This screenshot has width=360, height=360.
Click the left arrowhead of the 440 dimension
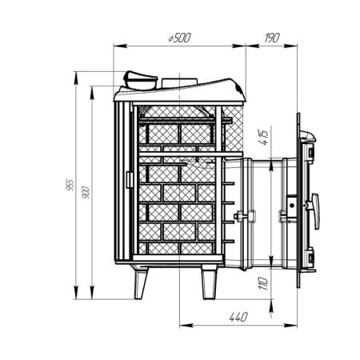click(x=181, y=325)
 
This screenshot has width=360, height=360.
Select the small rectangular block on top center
click(x=174, y=82)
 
